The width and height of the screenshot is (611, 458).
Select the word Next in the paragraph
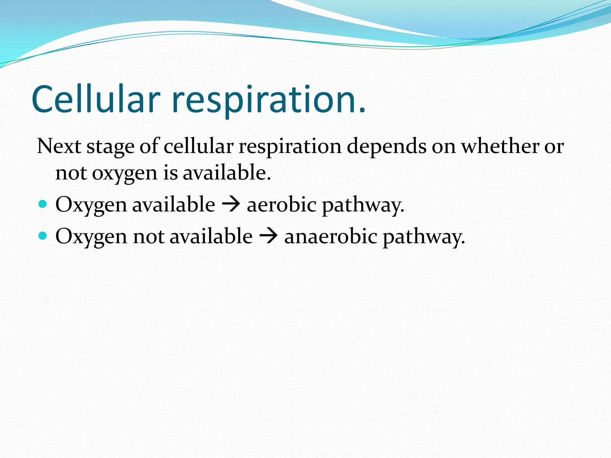59,146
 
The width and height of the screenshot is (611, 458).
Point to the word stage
110,148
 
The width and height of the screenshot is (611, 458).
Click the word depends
386,147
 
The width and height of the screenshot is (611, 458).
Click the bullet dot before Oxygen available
43,204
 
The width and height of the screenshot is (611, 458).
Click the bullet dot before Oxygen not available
43,236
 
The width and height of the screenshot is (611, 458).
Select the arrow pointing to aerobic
231,205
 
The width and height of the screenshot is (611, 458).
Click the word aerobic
282,205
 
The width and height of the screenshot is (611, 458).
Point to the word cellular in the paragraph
198,146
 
